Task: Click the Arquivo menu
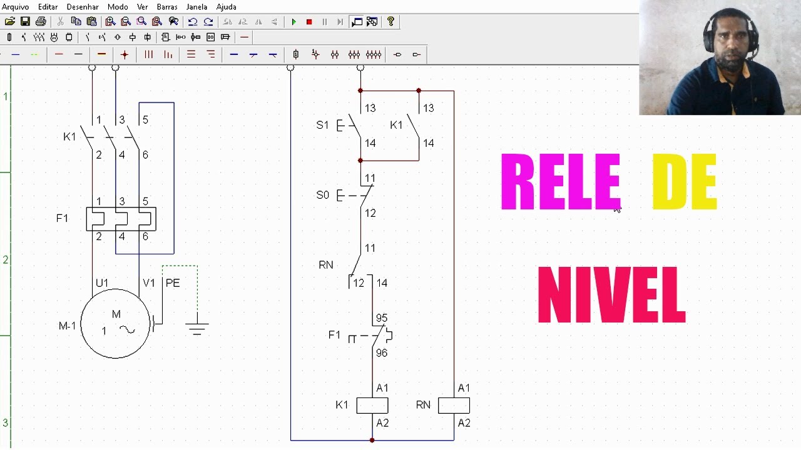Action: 15,7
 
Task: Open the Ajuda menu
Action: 226,7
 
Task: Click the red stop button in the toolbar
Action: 309,22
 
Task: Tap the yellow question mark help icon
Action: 390,22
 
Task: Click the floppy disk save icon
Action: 25,22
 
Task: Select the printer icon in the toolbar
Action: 41,22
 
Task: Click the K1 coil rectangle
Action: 372,406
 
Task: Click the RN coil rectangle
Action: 454,406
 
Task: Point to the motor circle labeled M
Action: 116,324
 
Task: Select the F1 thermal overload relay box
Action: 121,219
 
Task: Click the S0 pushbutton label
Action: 322,195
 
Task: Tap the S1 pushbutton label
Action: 322,125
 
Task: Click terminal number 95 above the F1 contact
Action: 382,318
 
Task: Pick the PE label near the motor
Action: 173,283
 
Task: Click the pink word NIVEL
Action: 612,295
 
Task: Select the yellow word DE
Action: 685,182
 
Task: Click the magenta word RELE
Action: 560,182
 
